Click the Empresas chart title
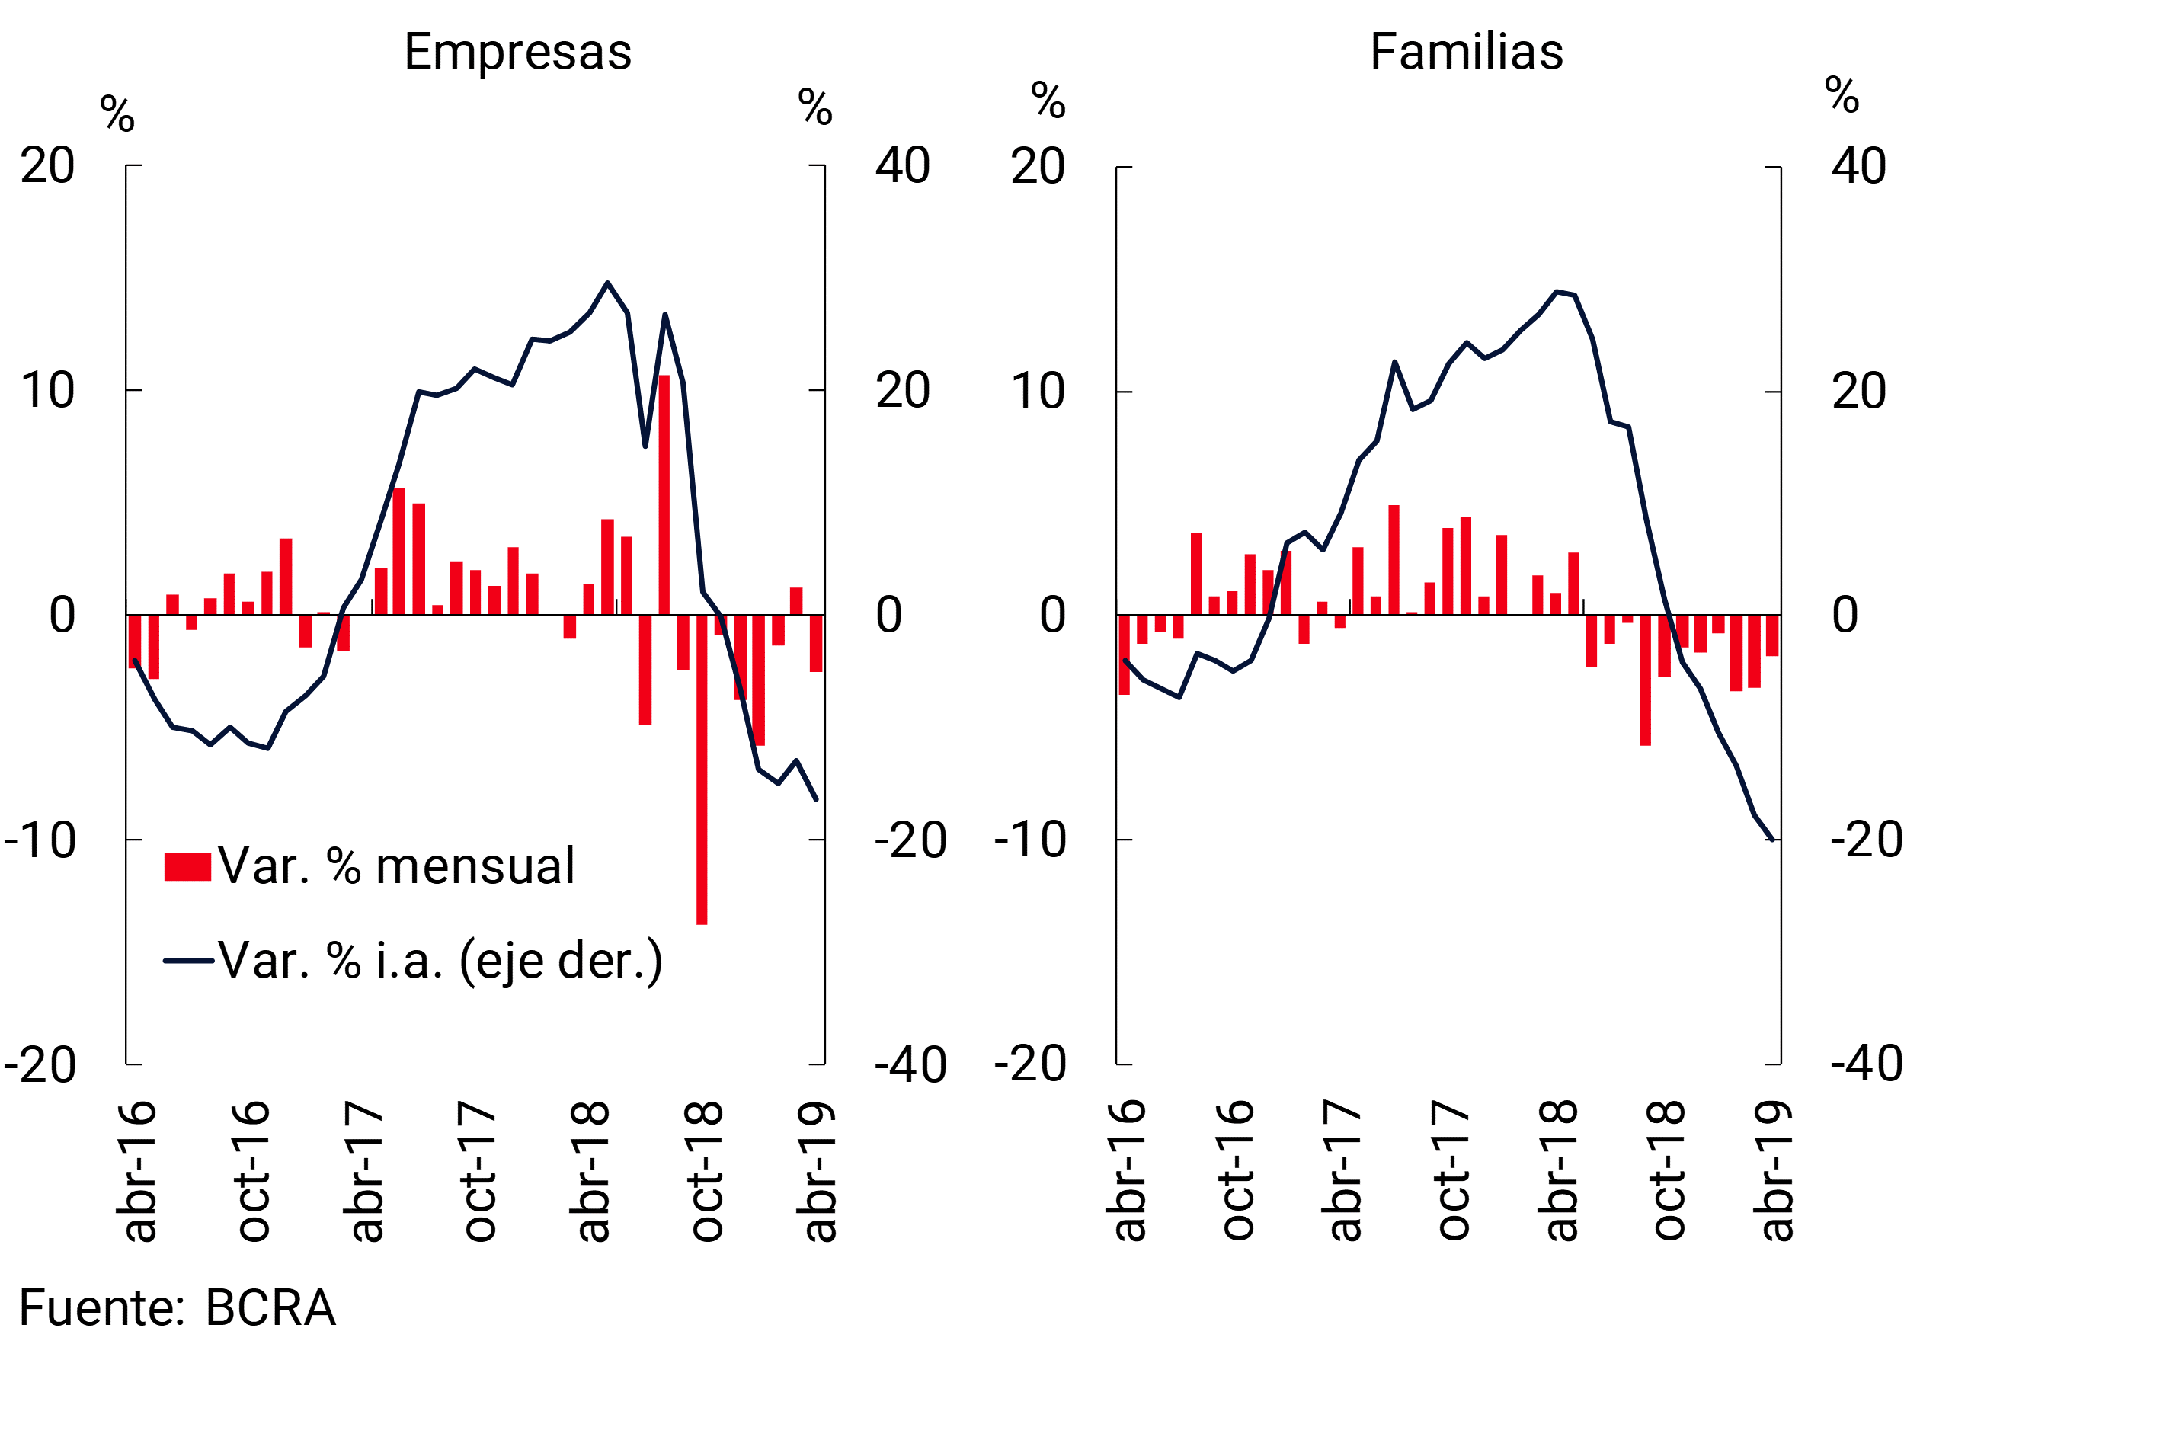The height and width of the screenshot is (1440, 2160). (x=518, y=52)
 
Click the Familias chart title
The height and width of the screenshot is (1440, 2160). (x=1467, y=52)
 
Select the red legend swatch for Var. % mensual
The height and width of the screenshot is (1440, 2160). (x=187, y=867)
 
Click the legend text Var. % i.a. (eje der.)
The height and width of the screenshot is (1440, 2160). (x=440, y=961)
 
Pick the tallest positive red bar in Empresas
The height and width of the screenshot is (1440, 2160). (x=664, y=495)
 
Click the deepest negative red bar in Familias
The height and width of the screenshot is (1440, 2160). (x=1646, y=680)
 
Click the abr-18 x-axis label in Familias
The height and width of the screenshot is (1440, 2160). (x=1557, y=1170)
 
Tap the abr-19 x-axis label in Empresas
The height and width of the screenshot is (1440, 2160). (x=817, y=1171)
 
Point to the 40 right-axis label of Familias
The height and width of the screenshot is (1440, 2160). (x=1859, y=166)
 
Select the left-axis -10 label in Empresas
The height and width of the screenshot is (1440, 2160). (x=40, y=840)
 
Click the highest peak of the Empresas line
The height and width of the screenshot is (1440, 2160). (x=607, y=283)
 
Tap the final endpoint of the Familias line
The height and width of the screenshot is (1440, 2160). (x=1771, y=840)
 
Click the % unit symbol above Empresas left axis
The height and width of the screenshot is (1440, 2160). (x=117, y=114)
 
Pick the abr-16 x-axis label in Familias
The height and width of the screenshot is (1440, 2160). (x=1126, y=1170)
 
